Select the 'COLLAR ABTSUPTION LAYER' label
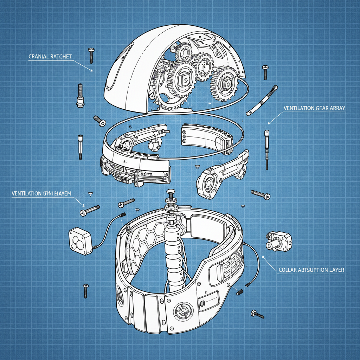point(311,270)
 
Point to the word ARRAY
point(337,109)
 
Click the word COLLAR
point(287,270)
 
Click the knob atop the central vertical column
point(171,192)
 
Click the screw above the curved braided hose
point(265,72)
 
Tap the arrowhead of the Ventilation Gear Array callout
point(269,123)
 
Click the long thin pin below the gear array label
point(267,149)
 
